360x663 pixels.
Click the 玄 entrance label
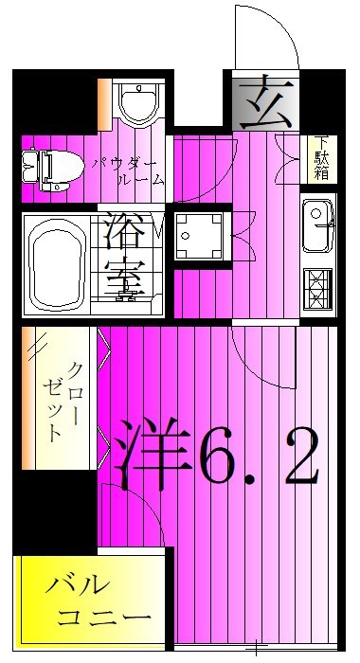261,101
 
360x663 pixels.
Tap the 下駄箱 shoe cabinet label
321,158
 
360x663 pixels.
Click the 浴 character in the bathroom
124,229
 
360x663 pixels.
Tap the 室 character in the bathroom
124,278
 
